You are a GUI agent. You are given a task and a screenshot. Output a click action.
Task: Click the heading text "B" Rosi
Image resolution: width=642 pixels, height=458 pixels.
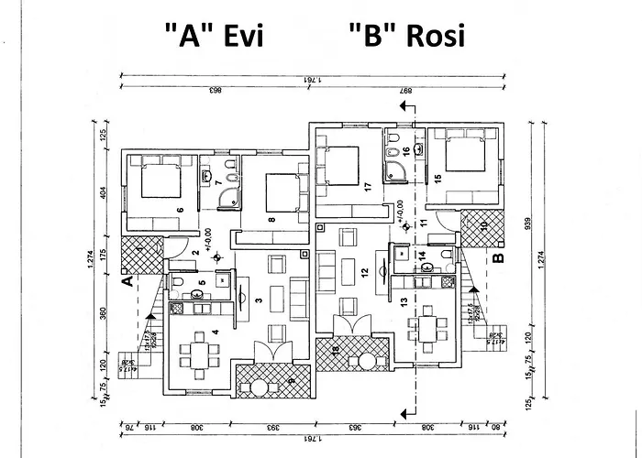pyautogui.click(x=406, y=36)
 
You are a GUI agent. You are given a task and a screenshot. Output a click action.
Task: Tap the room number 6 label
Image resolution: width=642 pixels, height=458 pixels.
pyautogui.click(x=181, y=210)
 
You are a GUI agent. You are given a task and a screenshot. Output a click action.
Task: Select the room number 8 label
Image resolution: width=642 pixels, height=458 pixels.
pyautogui.click(x=272, y=220)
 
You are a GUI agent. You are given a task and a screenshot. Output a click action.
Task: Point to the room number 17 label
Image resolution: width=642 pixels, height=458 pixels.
pyautogui.click(x=367, y=186)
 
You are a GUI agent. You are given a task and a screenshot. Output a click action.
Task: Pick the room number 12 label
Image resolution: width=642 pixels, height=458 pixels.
pyautogui.click(x=364, y=271)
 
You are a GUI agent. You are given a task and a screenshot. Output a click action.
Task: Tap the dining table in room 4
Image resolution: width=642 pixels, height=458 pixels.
pyautogui.click(x=198, y=353)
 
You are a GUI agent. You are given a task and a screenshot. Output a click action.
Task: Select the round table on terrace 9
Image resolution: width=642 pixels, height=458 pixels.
pyautogui.click(x=260, y=387)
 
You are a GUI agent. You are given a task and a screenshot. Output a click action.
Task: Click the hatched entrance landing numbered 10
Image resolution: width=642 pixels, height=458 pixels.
pyautogui.click(x=482, y=229)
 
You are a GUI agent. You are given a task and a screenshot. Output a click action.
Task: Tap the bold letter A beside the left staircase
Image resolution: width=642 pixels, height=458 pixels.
pyautogui.click(x=129, y=282)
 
